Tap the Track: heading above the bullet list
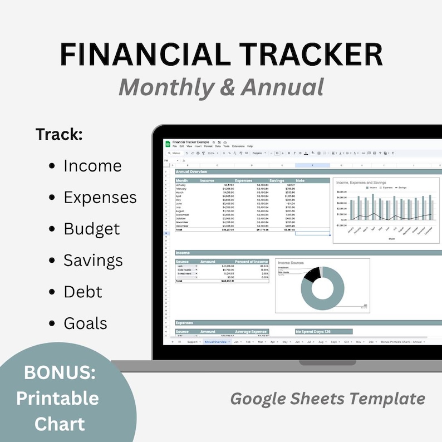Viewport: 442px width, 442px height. [x=59, y=135]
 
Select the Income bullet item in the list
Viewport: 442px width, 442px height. [x=92, y=166]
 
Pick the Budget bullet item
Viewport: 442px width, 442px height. [x=91, y=229]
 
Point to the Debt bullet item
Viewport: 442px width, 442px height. [x=83, y=292]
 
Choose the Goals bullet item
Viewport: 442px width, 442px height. [x=85, y=323]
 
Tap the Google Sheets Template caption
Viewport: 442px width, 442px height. [x=328, y=399]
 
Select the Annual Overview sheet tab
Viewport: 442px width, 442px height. [x=215, y=342]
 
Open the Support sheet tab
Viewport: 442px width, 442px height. [x=193, y=342]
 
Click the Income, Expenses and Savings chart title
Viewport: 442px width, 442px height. [x=361, y=182]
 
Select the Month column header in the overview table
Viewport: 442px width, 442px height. [x=182, y=180]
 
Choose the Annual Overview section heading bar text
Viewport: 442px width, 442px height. [x=191, y=172]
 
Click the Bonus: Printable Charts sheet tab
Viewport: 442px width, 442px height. [x=402, y=342]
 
